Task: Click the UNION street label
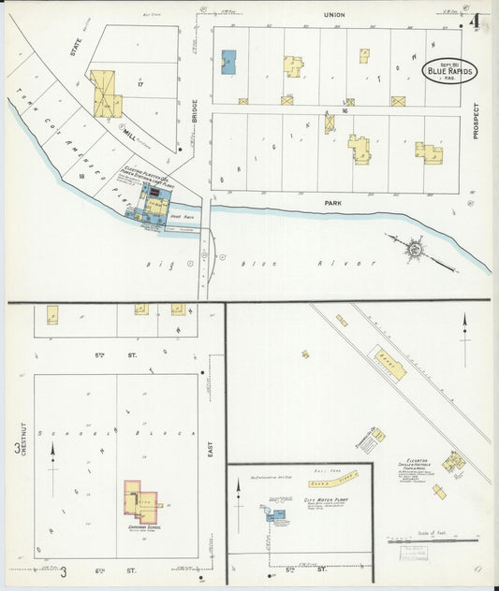(334, 16)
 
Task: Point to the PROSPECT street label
(476, 121)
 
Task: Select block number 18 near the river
(82, 176)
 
